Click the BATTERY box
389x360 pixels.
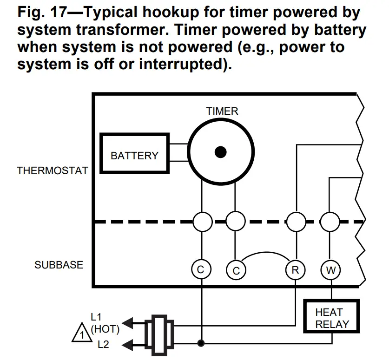tap(134, 153)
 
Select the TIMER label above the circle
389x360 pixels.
tap(222, 111)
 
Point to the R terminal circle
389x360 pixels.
tap(295, 270)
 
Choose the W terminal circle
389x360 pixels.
tap(330, 270)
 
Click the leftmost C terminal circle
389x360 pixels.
tap(202, 270)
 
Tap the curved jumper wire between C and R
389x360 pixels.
tap(265, 255)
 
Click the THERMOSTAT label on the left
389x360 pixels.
tap(52, 170)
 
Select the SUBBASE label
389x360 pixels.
tap(59, 265)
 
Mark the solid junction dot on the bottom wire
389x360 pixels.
tap(202, 344)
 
